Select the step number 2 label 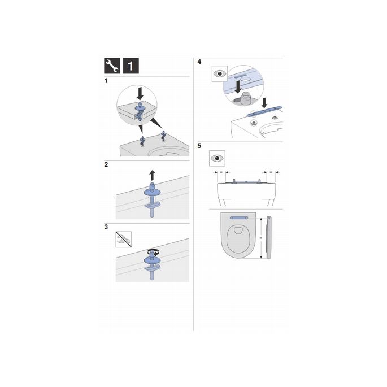106,165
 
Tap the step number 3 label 106,227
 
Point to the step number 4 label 199,62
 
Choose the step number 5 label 199,145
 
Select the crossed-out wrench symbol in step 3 124,238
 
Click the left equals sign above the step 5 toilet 221,172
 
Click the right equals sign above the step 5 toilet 270,172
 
